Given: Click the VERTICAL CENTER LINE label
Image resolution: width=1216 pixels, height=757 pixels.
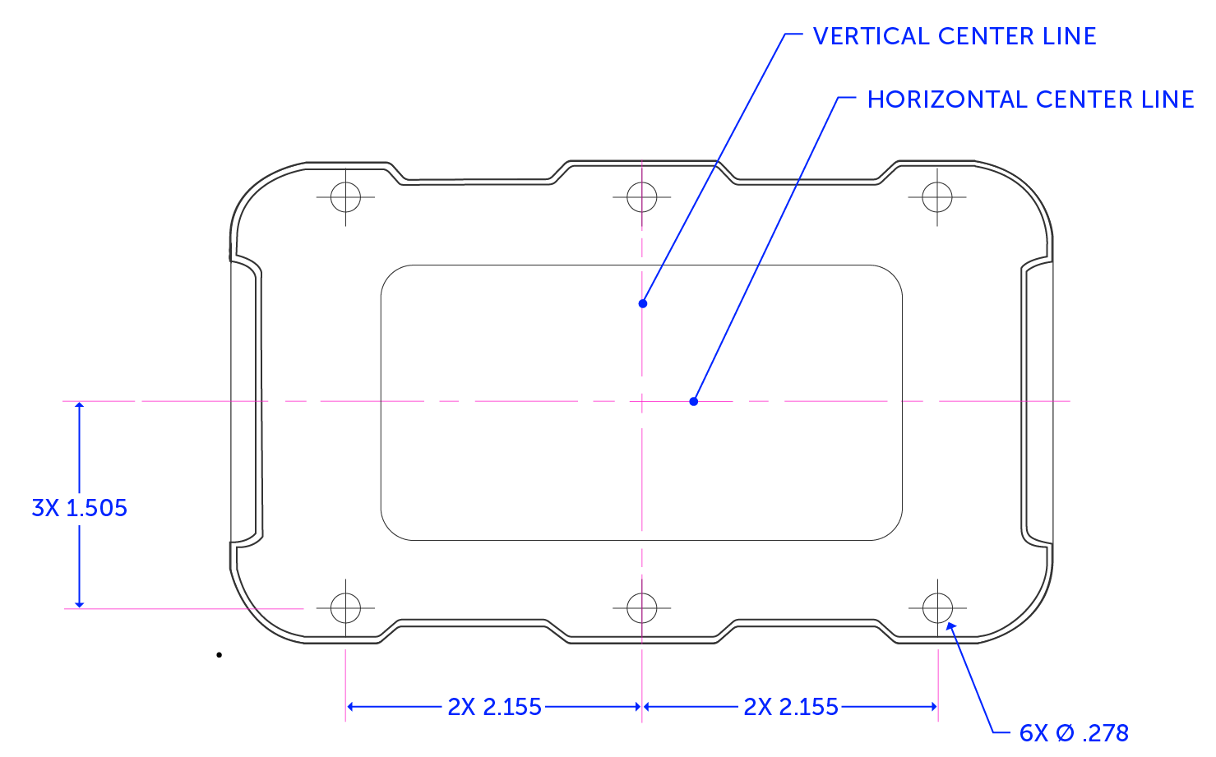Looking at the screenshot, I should tap(954, 36).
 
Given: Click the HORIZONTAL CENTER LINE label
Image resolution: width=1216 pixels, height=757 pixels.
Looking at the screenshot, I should tap(1030, 99).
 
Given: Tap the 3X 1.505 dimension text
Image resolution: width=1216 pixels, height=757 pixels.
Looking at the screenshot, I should tap(80, 508).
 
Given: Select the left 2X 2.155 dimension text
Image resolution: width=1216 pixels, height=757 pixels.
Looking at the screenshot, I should tap(494, 707).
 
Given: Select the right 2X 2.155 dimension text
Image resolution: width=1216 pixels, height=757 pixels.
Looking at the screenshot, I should tap(790, 707).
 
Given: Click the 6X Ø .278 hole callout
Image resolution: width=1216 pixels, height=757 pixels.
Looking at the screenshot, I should tap(1074, 732).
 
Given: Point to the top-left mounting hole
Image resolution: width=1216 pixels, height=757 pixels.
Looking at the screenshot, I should tap(345, 197).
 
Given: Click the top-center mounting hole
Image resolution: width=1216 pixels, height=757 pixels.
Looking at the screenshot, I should tap(641, 197).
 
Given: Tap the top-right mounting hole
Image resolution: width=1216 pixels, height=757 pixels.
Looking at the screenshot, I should tap(937, 197).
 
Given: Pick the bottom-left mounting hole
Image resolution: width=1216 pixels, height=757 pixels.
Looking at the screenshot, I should tap(345, 608).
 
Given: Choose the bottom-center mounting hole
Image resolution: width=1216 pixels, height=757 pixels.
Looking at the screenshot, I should tap(641, 608).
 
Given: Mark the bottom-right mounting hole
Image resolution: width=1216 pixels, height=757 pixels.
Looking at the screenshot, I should tap(937, 608).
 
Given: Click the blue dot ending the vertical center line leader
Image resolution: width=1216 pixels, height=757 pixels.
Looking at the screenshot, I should tap(643, 303).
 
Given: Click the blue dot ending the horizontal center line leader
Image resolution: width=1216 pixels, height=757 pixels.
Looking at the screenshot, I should tap(694, 401).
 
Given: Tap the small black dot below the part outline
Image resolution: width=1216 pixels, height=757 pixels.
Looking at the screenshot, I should tap(220, 655).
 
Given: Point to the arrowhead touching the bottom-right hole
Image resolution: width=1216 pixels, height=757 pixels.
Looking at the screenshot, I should tap(950, 627).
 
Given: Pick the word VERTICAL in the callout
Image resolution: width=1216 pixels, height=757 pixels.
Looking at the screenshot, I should tap(871, 36).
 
